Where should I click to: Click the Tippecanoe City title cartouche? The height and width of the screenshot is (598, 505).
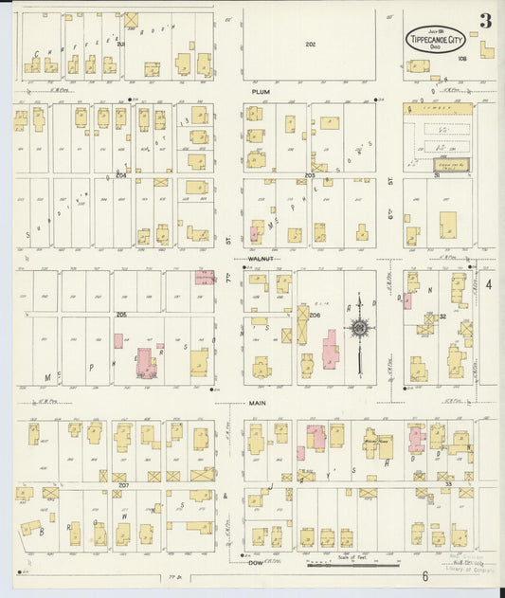tap(437, 41)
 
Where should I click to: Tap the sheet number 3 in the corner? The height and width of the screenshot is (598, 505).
tap(485, 21)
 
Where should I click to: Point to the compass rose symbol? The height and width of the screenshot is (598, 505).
tap(360, 328)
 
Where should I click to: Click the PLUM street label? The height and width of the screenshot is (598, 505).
tap(261, 92)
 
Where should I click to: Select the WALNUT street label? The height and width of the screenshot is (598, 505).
tap(260, 258)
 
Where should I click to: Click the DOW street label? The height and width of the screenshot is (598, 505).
tap(255, 563)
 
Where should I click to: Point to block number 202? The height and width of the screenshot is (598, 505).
tap(310, 44)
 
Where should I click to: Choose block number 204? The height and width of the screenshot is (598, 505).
tap(121, 174)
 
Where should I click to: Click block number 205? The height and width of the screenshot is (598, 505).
tap(121, 314)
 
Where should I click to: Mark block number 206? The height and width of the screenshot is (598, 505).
tap(316, 314)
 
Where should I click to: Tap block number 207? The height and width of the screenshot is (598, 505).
tap(123, 484)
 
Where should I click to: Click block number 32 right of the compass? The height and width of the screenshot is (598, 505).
tap(442, 317)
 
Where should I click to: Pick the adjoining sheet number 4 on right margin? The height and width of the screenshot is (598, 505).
tap(490, 284)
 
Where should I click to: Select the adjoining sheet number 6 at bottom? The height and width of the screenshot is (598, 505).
tap(426, 576)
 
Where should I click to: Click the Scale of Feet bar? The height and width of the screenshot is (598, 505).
tap(352, 566)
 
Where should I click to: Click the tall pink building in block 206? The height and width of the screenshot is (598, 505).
tap(330, 354)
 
